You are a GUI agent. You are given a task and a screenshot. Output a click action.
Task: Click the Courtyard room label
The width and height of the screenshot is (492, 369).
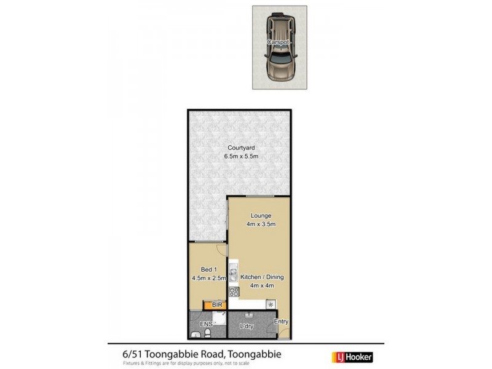[239, 148]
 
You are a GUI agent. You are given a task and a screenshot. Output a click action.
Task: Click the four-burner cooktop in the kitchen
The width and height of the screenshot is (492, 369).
[233, 292]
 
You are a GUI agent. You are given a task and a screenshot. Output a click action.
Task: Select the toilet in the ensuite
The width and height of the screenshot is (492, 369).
[208, 333]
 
